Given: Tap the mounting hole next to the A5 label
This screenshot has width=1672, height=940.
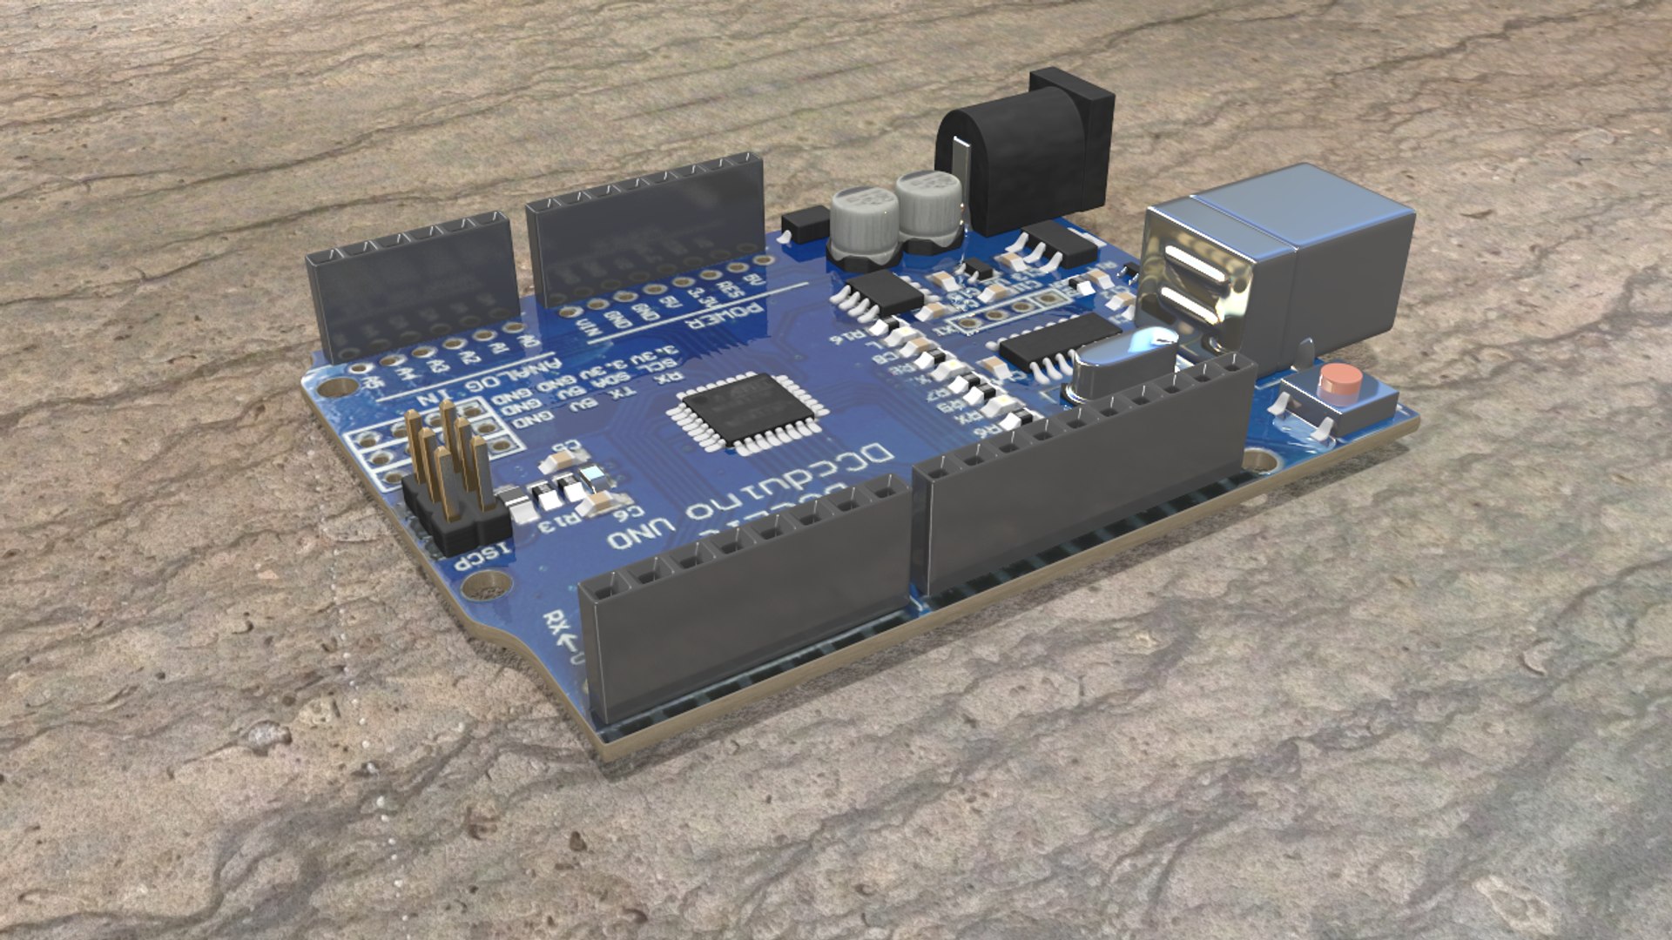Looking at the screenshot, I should tap(332, 383).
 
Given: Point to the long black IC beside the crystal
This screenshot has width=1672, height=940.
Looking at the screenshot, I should tap(1058, 341).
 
